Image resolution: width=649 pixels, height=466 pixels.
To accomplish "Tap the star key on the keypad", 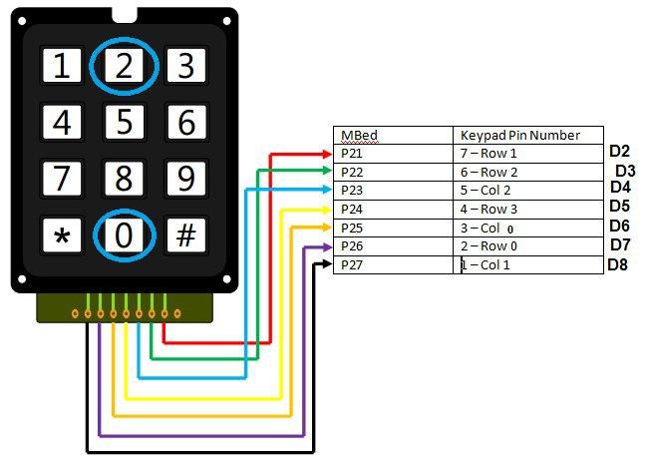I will click(63, 236).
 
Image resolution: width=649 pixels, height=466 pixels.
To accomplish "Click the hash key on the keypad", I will click(185, 236).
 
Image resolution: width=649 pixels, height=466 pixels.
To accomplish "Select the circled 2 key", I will click(125, 67).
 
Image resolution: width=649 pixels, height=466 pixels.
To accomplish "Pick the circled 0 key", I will click(125, 236).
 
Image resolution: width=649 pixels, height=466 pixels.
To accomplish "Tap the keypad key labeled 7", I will click(63, 180).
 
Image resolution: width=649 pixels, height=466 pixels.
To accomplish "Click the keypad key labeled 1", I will click(63, 67).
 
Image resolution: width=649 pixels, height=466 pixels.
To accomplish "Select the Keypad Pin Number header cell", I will click(518, 135).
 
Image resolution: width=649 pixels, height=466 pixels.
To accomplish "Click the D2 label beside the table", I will click(619, 152).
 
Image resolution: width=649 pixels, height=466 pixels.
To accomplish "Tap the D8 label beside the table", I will click(617, 265).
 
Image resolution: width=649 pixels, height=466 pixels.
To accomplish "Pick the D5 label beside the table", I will click(619, 207).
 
